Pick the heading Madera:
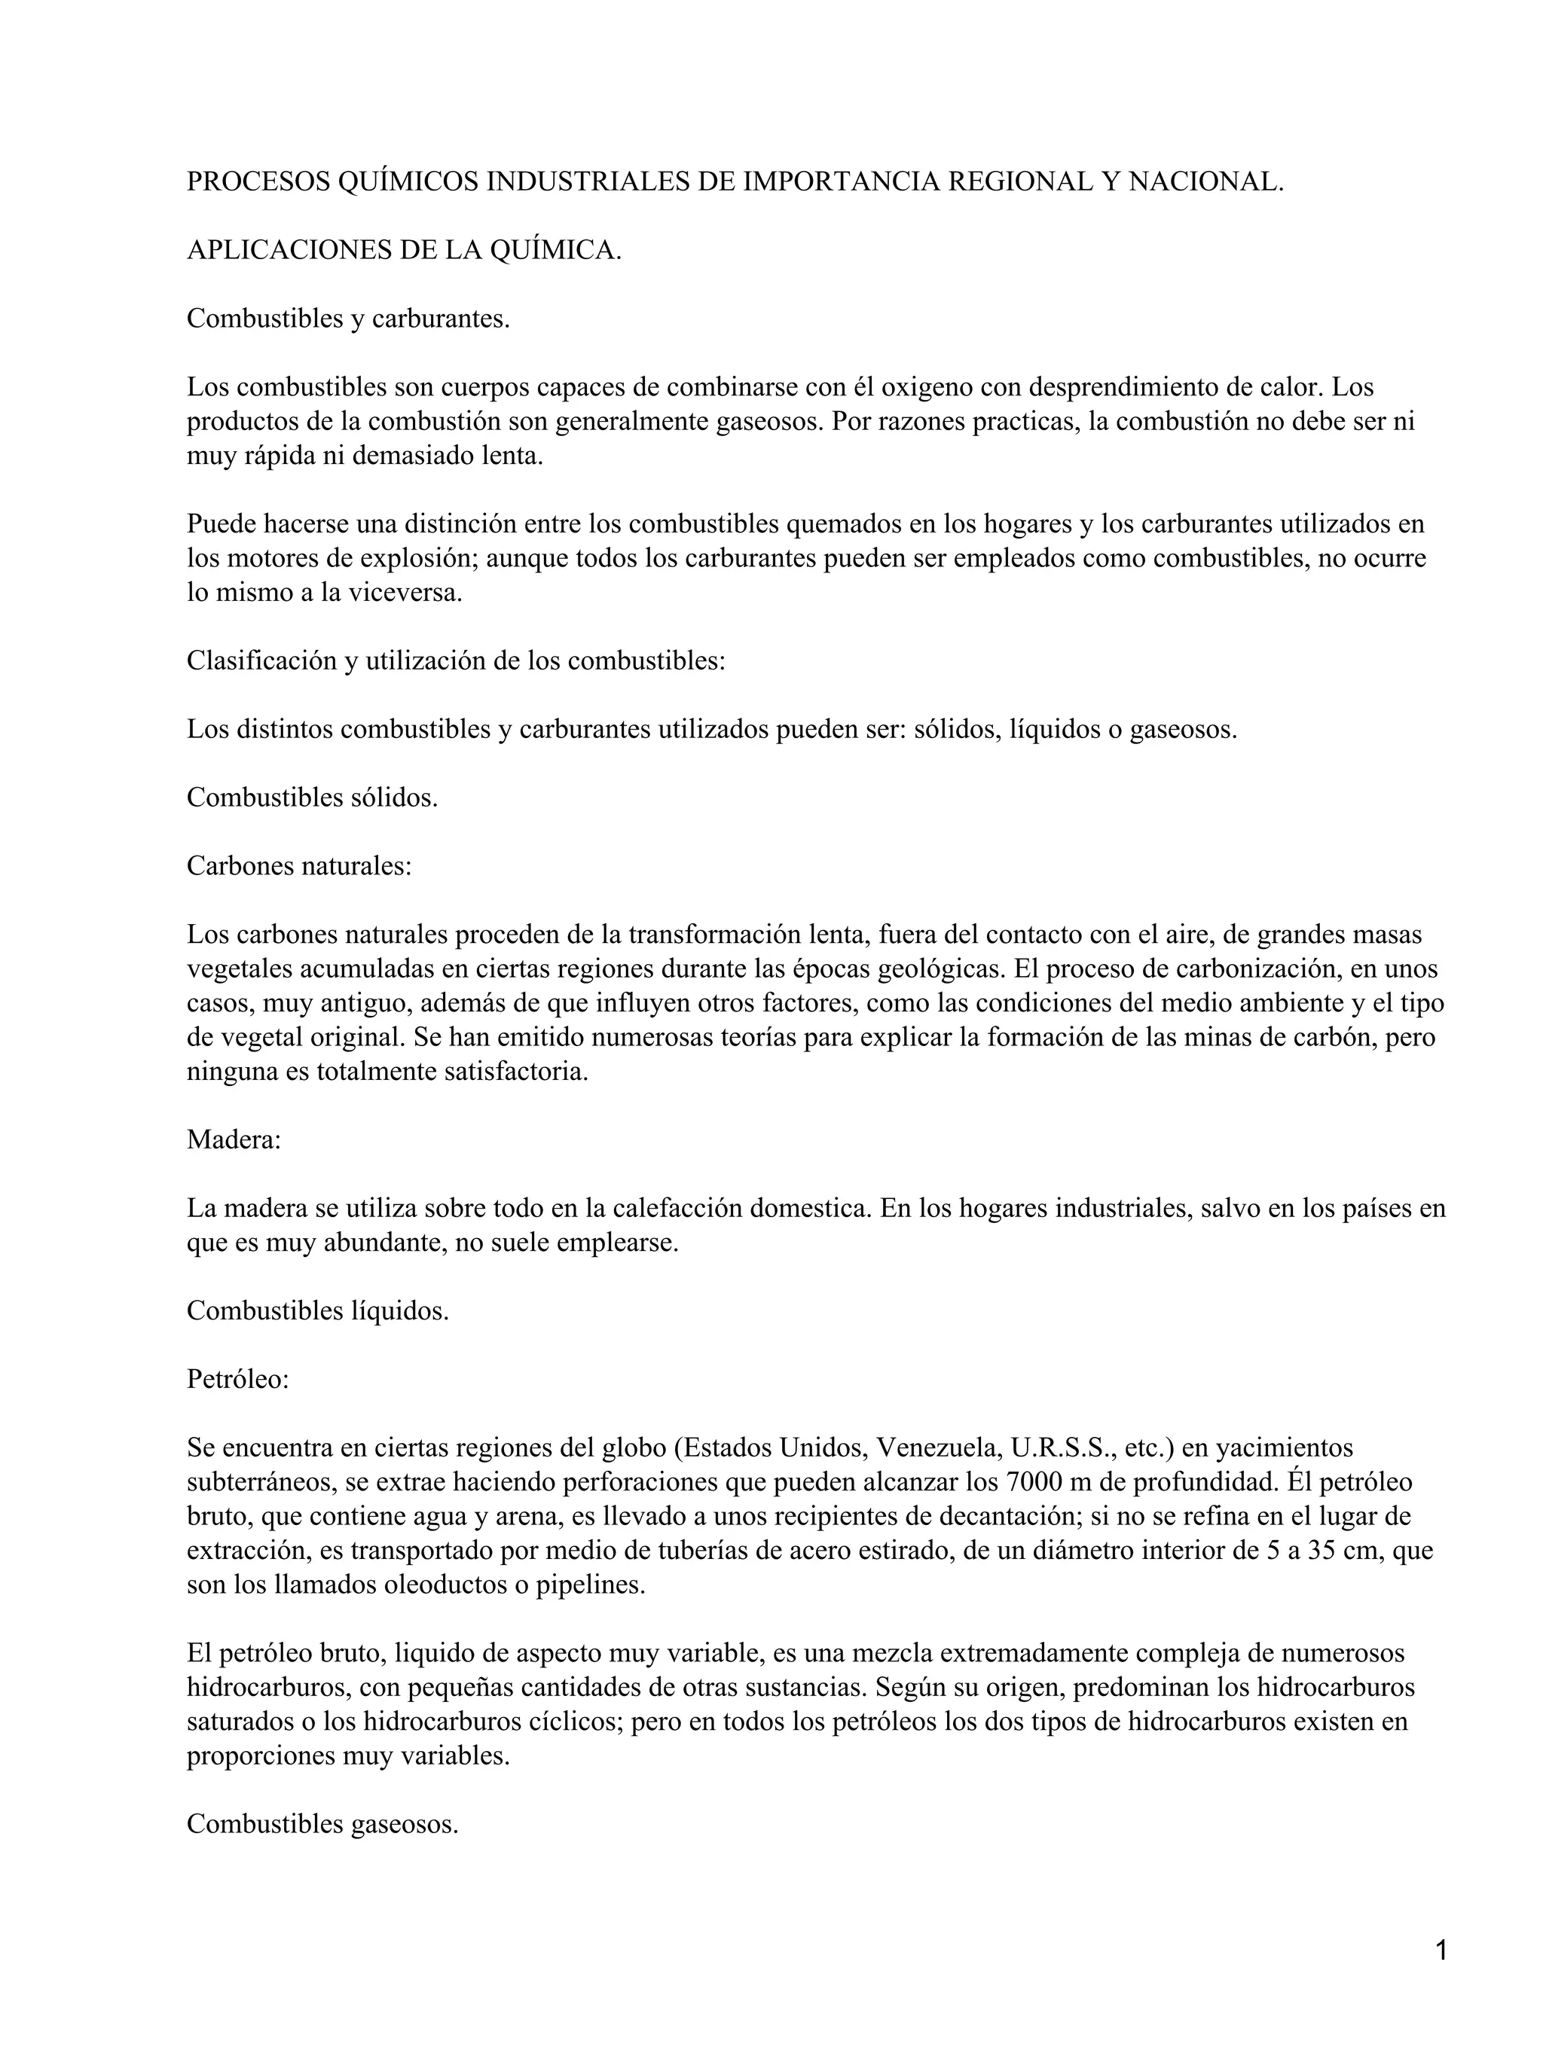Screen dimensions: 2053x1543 pyautogui.click(x=233, y=1139)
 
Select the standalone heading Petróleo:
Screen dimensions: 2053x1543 pyautogui.click(x=237, y=1379)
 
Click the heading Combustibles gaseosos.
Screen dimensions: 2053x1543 pyautogui.click(x=322, y=1824)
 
